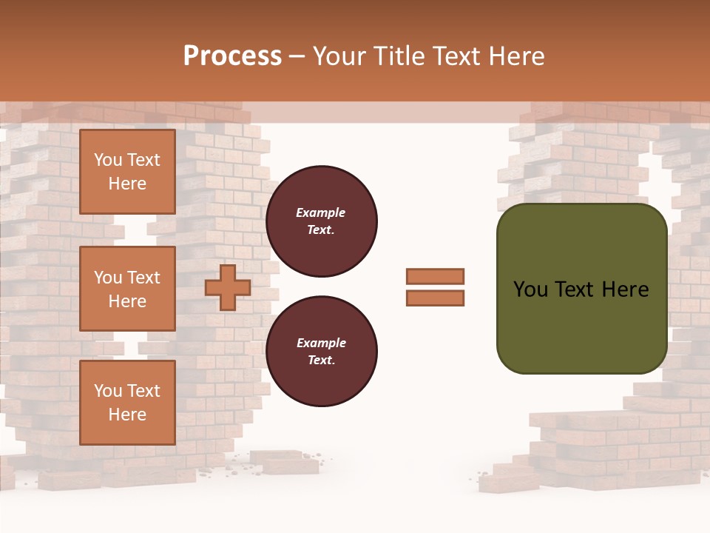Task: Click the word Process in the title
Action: (232, 56)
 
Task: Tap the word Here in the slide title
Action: (515, 56)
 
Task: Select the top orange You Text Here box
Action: (127, 172)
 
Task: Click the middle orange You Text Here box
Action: (127, 289)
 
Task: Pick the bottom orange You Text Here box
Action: (127, 403)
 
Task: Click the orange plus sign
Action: (228, 287)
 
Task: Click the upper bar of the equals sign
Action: (436, 276)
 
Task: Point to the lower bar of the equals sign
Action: (436, 298)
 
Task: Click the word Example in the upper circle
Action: (321, 212)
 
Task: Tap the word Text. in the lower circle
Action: (321, 360)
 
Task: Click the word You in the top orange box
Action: (108, 160)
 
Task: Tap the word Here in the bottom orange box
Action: (127, 415)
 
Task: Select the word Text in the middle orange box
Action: (143, 278)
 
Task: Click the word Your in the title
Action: (340, 56)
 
